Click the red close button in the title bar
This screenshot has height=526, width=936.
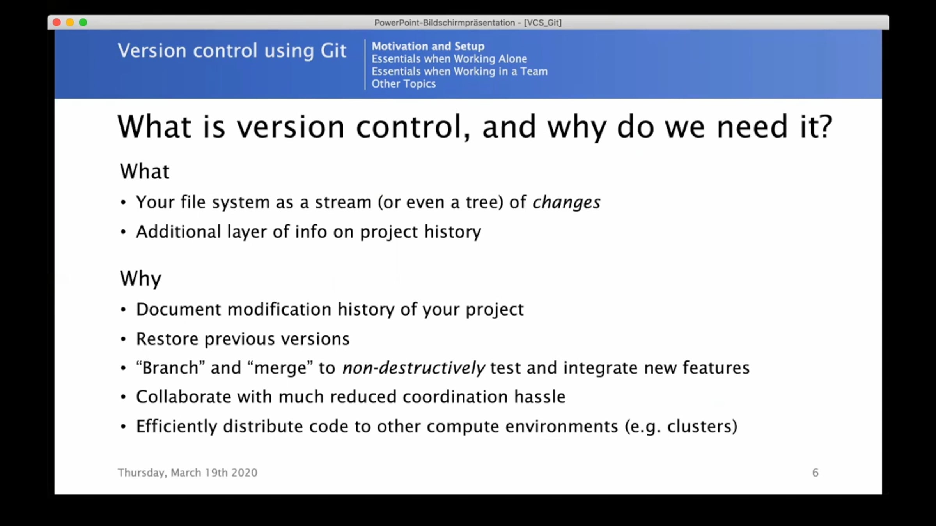tap(57, 23)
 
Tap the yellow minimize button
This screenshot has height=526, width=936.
tap(70, 23)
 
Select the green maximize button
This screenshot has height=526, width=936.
tap(83, 23)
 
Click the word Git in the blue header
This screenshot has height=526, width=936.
tap(333, 51)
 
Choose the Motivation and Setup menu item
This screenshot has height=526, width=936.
tap(428, 46)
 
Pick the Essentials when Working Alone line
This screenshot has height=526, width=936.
tap(449, 59)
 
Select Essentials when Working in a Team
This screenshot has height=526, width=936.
tap(459, 71)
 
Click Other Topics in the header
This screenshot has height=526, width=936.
tap(404, 84)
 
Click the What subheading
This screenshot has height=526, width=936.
tap(145, 171)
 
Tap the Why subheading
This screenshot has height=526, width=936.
tap(140, 279)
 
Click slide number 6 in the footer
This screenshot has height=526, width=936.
tap(815, 473)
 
